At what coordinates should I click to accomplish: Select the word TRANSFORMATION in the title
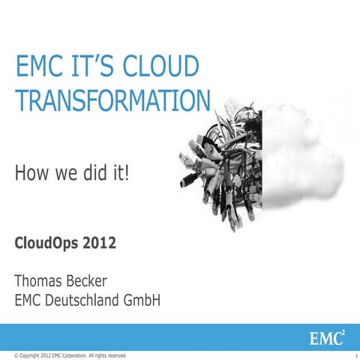(x=112, y=101)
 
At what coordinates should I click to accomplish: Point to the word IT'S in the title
(x=94, y=67)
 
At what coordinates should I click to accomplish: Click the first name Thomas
(x=46, y=282)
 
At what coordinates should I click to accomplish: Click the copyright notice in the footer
(x=65, y=354)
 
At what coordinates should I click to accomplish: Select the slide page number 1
(x=354, y=354)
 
